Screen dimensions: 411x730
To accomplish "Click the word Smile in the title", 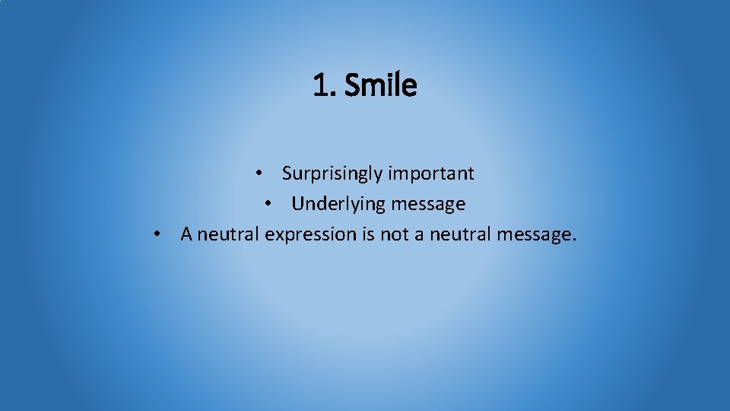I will (380, 86).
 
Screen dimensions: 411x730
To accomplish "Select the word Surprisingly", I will (332, 174).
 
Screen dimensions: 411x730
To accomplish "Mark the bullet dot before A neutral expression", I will (156, 234).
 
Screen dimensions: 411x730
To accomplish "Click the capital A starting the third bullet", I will (187, 234).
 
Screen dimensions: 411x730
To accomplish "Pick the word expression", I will (310, 234).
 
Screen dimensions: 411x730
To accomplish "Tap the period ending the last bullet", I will (573, 240).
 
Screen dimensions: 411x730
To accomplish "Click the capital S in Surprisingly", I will (287, 174).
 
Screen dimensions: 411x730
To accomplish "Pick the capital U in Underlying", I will (297, 204).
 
